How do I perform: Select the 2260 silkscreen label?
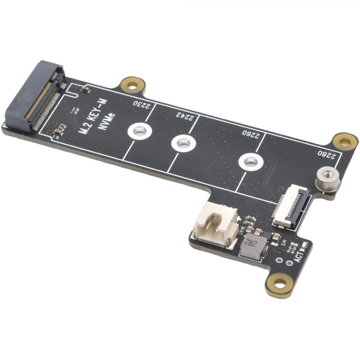click(251, 135)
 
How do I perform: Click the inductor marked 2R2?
click(254, 246)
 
